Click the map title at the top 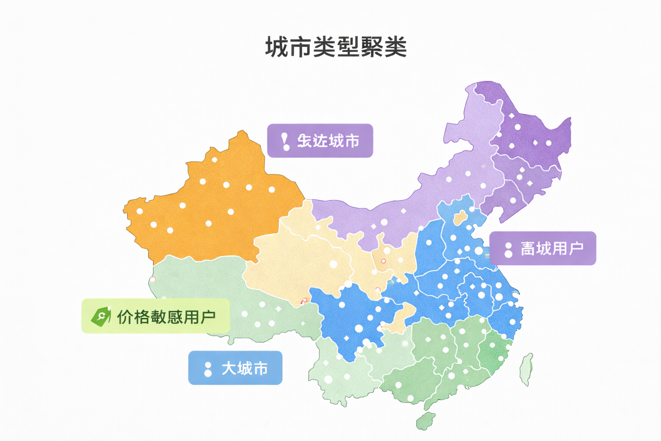[x=336, y=47]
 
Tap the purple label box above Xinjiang [x=320, y=141]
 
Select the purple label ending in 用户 [x=543, y=248]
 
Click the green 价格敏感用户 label [x=155, y=316]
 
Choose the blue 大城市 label [x=235, y=368]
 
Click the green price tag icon [x=101, y=317]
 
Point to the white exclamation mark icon [x=285, y=141]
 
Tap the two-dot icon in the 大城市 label [x=208, y=369]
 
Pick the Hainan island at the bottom [x=426, y=420]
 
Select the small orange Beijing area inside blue [x=460, y=217]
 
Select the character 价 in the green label [x=125, y=317]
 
